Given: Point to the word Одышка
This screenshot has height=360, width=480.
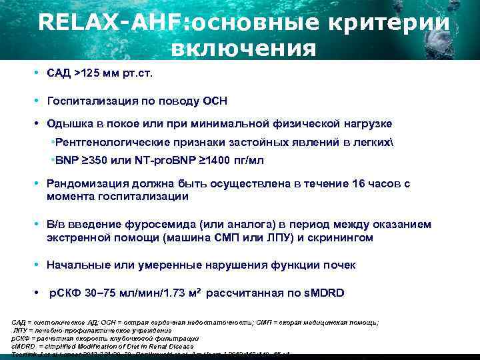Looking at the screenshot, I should pos(69,123).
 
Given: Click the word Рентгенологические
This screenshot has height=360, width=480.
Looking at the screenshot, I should pos(111,143).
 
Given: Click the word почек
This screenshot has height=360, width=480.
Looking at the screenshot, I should pos(339,265).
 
